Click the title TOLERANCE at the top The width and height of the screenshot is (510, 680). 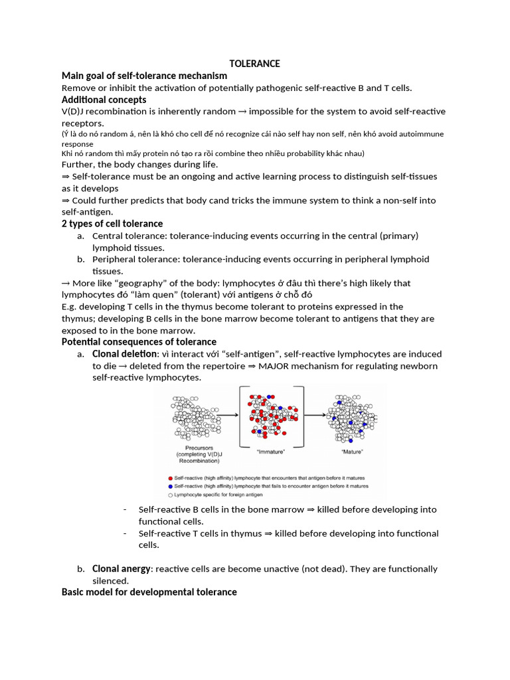click(x=254, y=64)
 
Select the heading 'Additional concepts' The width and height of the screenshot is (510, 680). click(x=104, y=100)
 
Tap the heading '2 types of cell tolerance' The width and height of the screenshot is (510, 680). click(x=112, y=224)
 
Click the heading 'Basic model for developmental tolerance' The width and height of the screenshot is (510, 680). click(x=149, y=592)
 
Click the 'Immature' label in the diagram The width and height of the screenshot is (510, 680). click(x=271, y=452)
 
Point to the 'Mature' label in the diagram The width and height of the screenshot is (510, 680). click(x=351, y=452)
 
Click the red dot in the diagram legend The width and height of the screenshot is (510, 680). click(x=171, y=477)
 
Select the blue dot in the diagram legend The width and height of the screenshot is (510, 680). click(x=171, y=486)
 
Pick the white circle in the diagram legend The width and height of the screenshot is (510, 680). click(x=171, y=495)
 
